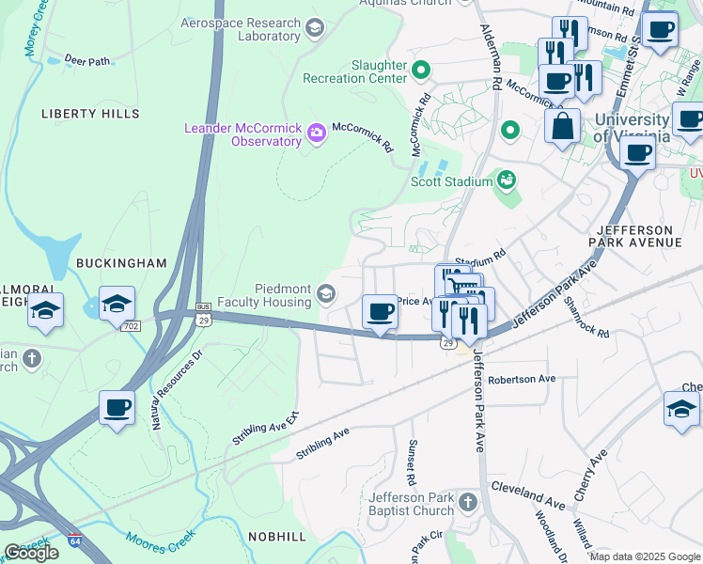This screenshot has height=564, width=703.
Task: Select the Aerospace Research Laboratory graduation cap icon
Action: pyautogui.click(x=315, y=28)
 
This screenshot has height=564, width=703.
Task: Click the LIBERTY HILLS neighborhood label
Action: pyautogui.click(x=90, y=114)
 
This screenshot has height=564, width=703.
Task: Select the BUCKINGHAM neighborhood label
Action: pyautogui.click(x=121, y=263)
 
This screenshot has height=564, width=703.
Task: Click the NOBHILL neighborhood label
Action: pyautogui.click(x=277, y=536)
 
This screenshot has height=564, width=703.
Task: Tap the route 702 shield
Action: pyautogui.click(x=130, y=324)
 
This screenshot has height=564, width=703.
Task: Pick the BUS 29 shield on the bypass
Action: pyautogui.click(x=203, y=314)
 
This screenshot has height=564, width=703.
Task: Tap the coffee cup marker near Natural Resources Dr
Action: pyautogui.click(x=117, y=408)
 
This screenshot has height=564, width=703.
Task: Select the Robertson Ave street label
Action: pyautogui.click(x=522, y=379)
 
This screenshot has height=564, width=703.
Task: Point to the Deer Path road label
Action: pyautogui.click(x=87, y=61)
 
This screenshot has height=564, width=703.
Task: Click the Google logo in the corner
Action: pyautogui.click(x=31, y=553)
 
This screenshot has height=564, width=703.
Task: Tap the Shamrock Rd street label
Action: pyautogui.click(x=586, y=317)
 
